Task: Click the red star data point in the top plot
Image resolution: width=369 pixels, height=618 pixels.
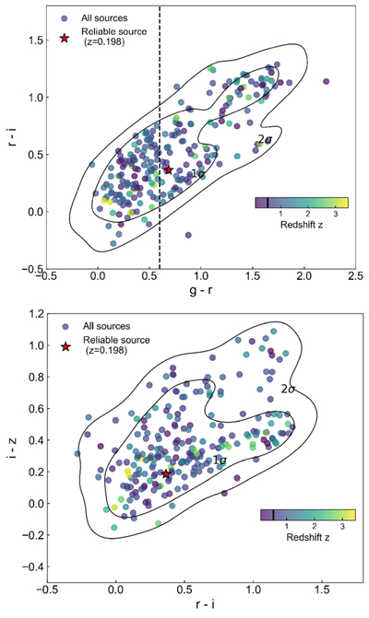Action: click(169, 169)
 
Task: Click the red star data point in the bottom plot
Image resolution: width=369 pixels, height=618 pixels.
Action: click(166, 473)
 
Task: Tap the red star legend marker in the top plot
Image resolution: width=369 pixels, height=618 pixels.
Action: click(65, 39)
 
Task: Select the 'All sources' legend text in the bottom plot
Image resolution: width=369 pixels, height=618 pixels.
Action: click(106, 326)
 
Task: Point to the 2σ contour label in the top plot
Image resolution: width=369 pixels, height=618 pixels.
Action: click(265, 139)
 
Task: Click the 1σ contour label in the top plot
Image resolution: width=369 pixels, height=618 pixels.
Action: click(197, 172)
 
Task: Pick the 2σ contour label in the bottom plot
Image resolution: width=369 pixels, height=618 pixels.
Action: click(288, 390)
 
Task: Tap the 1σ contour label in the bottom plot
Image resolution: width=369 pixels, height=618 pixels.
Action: click(220, 460)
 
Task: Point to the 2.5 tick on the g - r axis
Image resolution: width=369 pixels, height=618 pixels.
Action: click(355, 276)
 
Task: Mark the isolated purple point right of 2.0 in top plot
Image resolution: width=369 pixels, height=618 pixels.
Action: click(326, 82)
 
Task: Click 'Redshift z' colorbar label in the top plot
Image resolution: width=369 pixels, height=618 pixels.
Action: click(302, 225)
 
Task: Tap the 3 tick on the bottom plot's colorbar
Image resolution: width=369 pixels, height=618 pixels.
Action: click(341, 527)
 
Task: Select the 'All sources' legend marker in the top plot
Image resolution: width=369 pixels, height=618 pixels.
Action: click(65, 18)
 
